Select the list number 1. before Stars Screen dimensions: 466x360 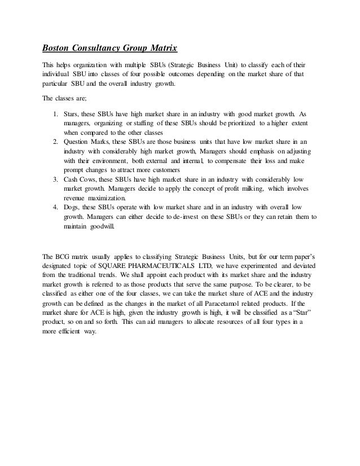point(54,112)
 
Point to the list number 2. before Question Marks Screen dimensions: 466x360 point(54,141)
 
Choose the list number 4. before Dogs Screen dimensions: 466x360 point(54,208)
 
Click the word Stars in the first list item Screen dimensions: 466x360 point(71,112)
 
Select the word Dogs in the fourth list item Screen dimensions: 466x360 point(71,208)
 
